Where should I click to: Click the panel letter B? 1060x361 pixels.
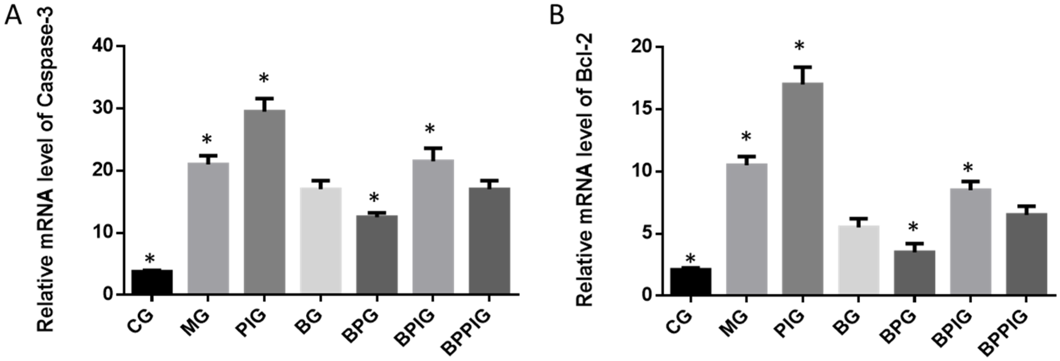558,16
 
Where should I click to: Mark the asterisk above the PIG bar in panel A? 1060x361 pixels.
264,78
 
